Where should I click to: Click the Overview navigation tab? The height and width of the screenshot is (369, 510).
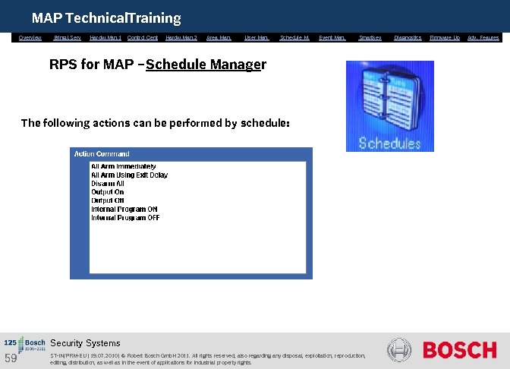coord(30,37)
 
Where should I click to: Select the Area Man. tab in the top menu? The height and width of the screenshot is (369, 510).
coord(219,37)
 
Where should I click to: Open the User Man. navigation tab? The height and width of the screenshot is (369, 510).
coord(257,37)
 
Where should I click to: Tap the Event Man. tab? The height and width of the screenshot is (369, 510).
coord(332,37)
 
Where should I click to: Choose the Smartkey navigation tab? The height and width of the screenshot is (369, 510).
coord(370,37)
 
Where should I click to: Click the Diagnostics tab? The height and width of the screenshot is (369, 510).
coord(408,37)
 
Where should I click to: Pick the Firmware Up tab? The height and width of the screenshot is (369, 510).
coord(445,37)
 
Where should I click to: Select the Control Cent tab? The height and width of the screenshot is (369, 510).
coord(143,37)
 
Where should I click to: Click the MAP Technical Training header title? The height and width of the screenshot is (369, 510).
coord(106,17)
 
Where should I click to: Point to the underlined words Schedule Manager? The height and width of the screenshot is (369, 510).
coord(206,65)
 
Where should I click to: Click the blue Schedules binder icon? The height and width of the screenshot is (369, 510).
coord(389,106)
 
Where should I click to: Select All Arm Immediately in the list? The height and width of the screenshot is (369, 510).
coord(123,166)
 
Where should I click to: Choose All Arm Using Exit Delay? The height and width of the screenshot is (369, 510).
coord(129,175)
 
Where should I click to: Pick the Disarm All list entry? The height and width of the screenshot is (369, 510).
coord(108,184)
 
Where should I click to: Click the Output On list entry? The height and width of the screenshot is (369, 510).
coord(107,192)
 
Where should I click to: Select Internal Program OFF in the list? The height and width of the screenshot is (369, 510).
coord(125,218)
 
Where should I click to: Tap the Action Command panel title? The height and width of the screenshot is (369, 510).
coord(102,153)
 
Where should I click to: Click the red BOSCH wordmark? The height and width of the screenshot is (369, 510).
coord(459,350)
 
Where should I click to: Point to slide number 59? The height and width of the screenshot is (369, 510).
coord(11,358)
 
